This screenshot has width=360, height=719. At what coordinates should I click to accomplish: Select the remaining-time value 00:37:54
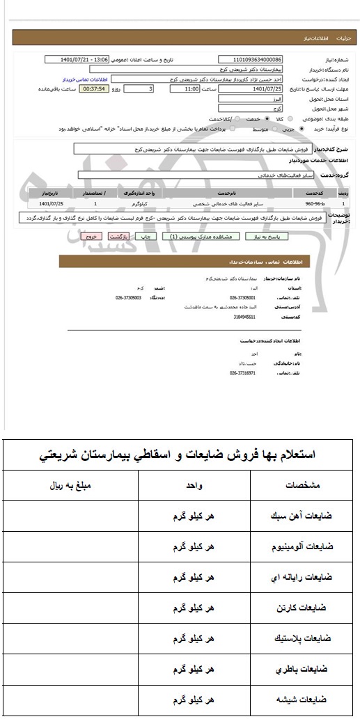(x=93, y=90)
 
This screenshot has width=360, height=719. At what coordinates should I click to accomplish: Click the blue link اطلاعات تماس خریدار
(x=84, y=79)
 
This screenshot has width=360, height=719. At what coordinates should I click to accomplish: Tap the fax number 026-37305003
(x=129, y=298)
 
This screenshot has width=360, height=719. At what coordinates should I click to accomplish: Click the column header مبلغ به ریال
(x=72, y=485)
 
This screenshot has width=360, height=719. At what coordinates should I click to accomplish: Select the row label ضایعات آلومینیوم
(x=302, y=546)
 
